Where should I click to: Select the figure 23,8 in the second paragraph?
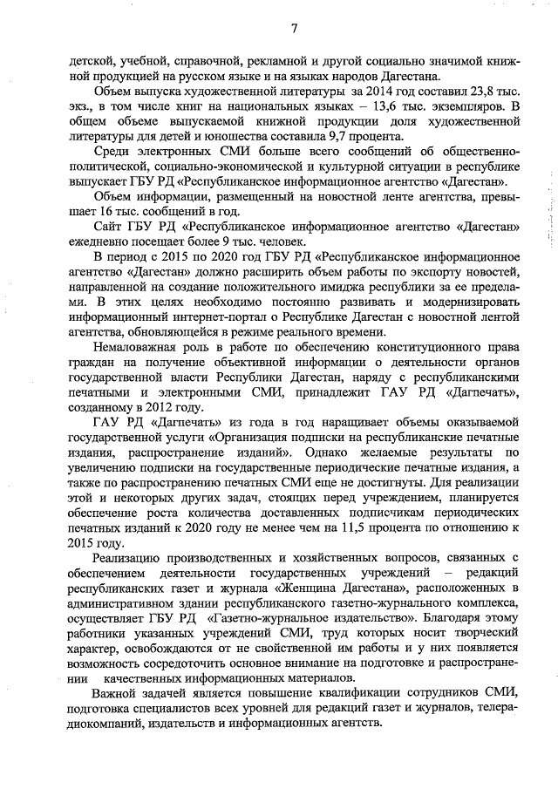[x=460, y=92]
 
